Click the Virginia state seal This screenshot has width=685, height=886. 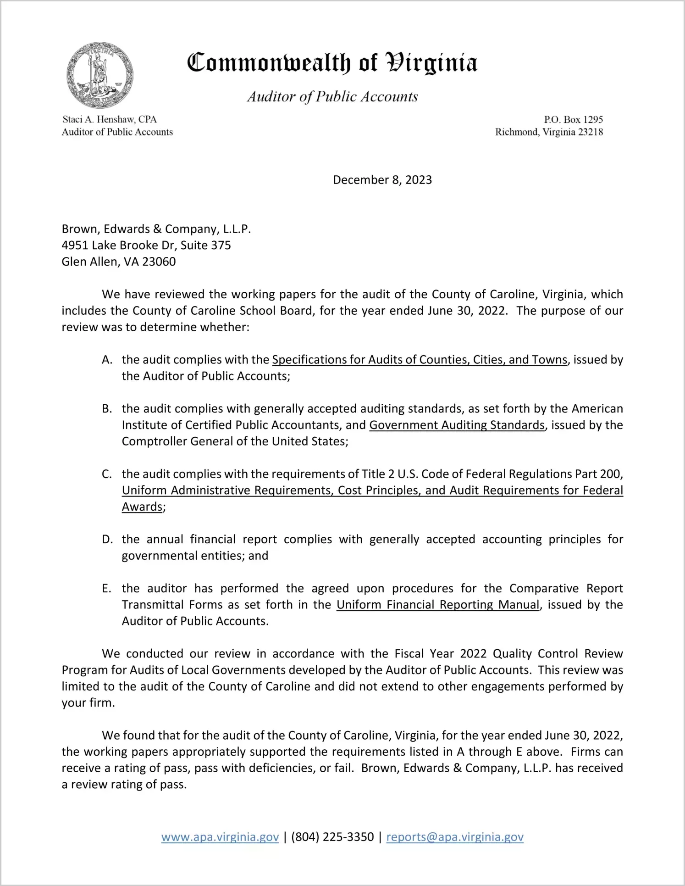coord(100,75)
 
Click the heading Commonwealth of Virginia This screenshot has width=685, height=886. coord(332,63)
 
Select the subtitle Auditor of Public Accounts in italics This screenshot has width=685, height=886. coord(332,96)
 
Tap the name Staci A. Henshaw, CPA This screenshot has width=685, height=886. coord(110,119)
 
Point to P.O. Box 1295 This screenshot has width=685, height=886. coord(573,119)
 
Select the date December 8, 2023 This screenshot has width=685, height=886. coord(382,180)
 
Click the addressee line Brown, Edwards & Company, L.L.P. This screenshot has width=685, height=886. coord(156,229)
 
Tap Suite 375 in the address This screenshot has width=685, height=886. coord(205,245)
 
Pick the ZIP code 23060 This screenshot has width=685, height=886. coord(159,262)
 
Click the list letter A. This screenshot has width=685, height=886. coord(107,360)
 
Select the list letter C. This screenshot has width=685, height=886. coord(107,474)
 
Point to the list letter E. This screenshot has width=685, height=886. coord(107,589)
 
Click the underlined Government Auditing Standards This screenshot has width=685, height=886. coord(457,425)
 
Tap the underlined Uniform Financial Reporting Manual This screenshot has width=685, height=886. coord(438,605)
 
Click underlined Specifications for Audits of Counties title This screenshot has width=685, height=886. coord(420,360)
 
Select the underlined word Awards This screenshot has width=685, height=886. coord(142,507)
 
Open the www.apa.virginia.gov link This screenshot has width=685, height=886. coord(220,837)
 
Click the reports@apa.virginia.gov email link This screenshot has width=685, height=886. coord(455,837)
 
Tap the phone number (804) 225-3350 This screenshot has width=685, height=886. coord(332,837)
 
